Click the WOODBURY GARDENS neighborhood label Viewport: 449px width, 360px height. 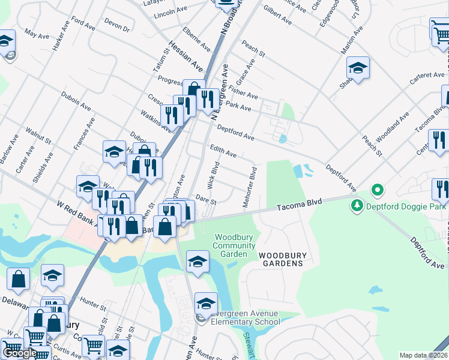pos(283,260)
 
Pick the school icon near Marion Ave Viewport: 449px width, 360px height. pos(358,68)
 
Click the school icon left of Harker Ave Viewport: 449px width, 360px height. pos(6,43)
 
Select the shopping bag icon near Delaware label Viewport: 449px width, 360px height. pos(18,279)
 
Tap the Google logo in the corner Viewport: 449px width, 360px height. pos(19,353)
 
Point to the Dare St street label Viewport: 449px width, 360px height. pos(206,200)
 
